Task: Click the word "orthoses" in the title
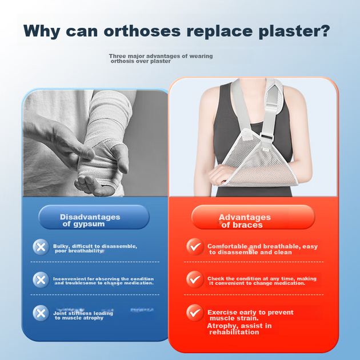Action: coord(142,31)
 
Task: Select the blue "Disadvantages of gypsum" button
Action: coord(94,217)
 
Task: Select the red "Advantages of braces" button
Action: coord(253,217)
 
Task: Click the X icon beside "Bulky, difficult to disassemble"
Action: coord(41,247)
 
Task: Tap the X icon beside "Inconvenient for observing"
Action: coord(41,280)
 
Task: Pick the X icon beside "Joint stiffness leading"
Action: coord(41,313)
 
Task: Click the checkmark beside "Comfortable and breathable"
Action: coord(195,247)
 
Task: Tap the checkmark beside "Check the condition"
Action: coord(195,279)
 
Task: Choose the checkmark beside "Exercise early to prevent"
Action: coord(195,313)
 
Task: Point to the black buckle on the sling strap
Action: coord(267,137)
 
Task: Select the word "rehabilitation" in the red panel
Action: coord(234,332)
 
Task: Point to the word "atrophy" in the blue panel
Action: coord(94,318)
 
